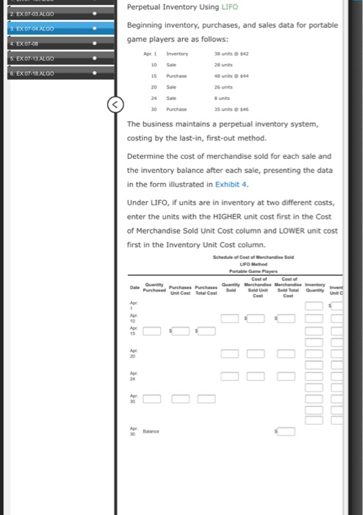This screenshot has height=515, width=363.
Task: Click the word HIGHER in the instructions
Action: pos(227,216)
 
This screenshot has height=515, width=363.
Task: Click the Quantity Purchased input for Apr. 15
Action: pos(152,330)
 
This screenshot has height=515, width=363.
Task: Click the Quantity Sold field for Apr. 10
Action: pos(229,318)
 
